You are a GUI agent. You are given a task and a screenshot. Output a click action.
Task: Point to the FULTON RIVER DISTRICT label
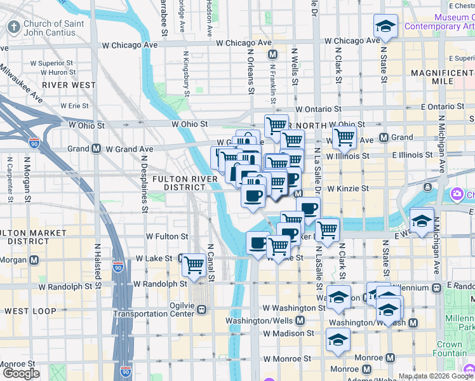coord(184,184)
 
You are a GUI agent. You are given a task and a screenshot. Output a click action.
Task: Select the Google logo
coord(21,373)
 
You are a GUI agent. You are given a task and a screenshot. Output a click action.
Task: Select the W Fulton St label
coord(167,236)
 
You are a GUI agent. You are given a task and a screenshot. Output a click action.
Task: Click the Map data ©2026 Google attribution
coord(435,376)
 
